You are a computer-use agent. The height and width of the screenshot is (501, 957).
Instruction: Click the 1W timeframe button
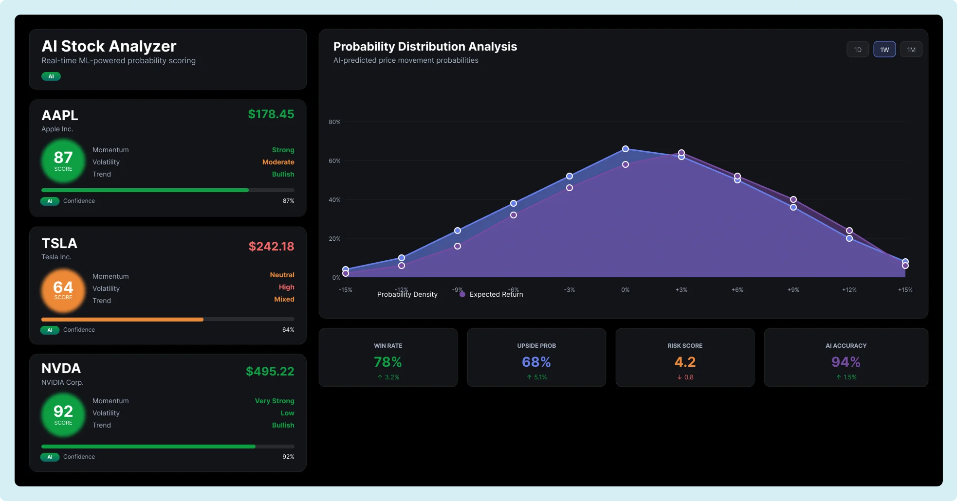pyautogui.click(x=884, y=50)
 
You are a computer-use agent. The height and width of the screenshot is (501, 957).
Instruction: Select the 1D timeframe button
pyautogui.click(x=858, y=50)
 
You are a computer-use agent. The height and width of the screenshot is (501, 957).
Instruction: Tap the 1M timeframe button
pyautogui.click(x=911, y=50)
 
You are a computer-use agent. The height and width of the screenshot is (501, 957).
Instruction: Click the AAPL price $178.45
pyautogui.click(x=271, y=114)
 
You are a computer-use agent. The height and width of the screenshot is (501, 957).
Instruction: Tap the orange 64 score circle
pyautogui.click(x=63, y=290)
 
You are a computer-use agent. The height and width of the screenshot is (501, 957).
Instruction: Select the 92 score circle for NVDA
pyautogui.click(x=63, y=415)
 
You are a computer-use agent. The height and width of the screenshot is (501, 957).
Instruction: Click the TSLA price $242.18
pyautogui.click(x=271, y=247)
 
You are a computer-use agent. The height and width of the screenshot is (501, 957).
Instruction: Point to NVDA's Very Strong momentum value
pyautogui.click(x=274, y=401)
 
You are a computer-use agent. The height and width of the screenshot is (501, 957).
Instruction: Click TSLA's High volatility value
pyautogui.click(x=286, y=287)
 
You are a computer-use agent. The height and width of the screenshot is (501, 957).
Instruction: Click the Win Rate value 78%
pyautogui.click(x=387, y=362)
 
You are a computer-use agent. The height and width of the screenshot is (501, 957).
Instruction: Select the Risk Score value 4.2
pyautogui.click(x=684, y=362)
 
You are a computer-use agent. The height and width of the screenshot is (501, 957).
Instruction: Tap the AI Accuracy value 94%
pyautogui.click(x=846, y=362)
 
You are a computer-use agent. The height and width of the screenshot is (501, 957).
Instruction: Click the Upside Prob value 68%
pyautogui.click(x=536, y=362)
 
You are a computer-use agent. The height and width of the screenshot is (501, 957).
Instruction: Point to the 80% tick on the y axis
pyautogui.click(x=334, y=122)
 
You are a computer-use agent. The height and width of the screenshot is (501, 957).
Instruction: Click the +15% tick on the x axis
pyautogui.click(x=905, y=290)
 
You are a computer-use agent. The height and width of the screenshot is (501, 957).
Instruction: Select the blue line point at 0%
pyautogui.click(x=626, y=149)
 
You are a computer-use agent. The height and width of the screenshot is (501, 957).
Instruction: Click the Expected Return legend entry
pyautogui.click(x=492, y=294)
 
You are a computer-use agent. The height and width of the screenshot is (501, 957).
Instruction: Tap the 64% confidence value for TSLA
pyautogui.click(x=288, y=330)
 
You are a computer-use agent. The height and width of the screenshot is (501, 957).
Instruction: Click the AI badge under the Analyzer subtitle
pyautogui.click(x=51, y=76)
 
